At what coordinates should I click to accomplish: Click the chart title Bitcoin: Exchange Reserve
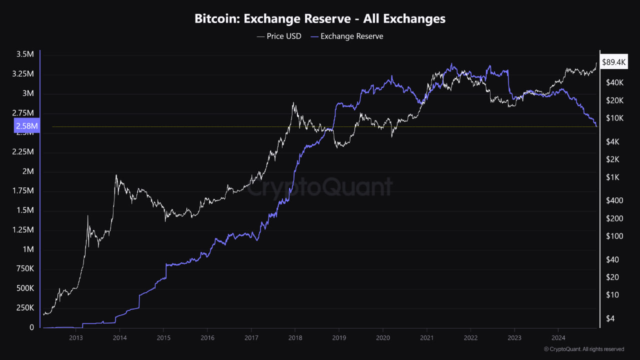coord(320,19)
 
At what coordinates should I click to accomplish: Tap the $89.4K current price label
coord(613,62)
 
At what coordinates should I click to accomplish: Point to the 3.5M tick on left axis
coord(25,54)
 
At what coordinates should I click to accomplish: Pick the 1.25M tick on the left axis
coord(23,230)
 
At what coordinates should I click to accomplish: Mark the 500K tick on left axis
coord(24,288)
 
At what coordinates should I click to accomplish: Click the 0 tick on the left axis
coord(31,327)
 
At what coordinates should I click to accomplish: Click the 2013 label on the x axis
coord(75,337)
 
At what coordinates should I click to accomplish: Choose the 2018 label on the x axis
coord(295,337)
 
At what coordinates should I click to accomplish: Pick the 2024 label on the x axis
coord(558,337)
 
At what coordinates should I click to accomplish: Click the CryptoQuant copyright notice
coord(583,349)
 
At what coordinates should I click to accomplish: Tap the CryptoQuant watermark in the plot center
coord(320,187)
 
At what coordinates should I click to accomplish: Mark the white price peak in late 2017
coord(293,103)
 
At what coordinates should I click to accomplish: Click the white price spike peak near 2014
coord(116,175)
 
